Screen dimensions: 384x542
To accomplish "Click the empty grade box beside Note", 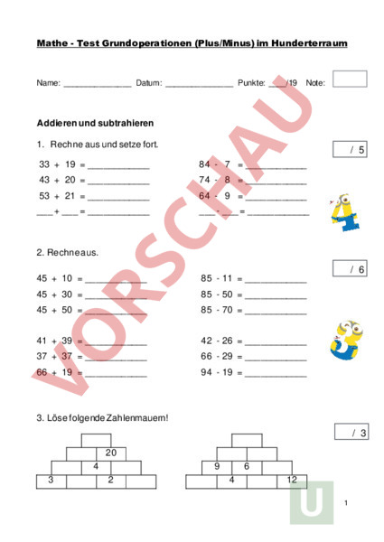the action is (x=350, y=79).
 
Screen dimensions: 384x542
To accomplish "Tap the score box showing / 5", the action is (x=350, y=149).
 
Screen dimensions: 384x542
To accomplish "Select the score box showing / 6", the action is (x=350, y=268).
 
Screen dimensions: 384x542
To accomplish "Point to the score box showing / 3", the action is (x=350, y=433).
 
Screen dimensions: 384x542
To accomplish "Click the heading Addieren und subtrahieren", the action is (x=94, y=122).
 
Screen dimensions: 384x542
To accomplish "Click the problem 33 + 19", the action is (x=57, y=165).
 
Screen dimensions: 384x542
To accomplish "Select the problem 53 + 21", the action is (x=57, y=195).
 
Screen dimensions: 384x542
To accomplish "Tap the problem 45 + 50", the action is (x=55, y=309).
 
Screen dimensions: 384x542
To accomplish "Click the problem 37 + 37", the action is (x=55, y=356).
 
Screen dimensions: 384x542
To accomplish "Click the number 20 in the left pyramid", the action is (x=111, y=453).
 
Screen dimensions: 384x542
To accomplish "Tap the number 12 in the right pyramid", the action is (x=292, y=480).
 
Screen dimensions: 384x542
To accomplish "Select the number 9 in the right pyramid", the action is (x=217, y=466).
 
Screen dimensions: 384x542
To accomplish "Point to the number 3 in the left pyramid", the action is (x=51, y=480).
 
